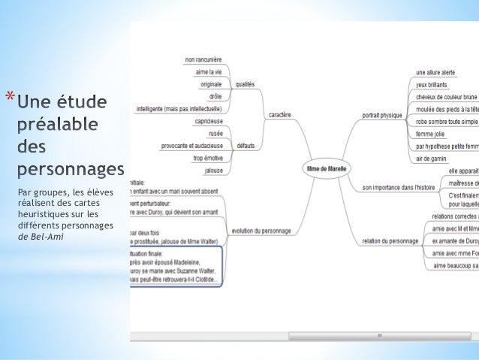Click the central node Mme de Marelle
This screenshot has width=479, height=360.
coord(327,169)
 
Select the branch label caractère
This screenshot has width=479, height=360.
coord(280,115)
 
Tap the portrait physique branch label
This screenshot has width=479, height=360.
coord(382,115)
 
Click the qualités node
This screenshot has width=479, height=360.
coord(245,84)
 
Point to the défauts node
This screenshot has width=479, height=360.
coord(245,145)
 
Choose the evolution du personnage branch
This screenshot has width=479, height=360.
coord(262,231)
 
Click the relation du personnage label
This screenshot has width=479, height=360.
coord(389,241)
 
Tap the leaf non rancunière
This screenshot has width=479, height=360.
coord(203,59)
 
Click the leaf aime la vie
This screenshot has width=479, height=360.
coord(208,71)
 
